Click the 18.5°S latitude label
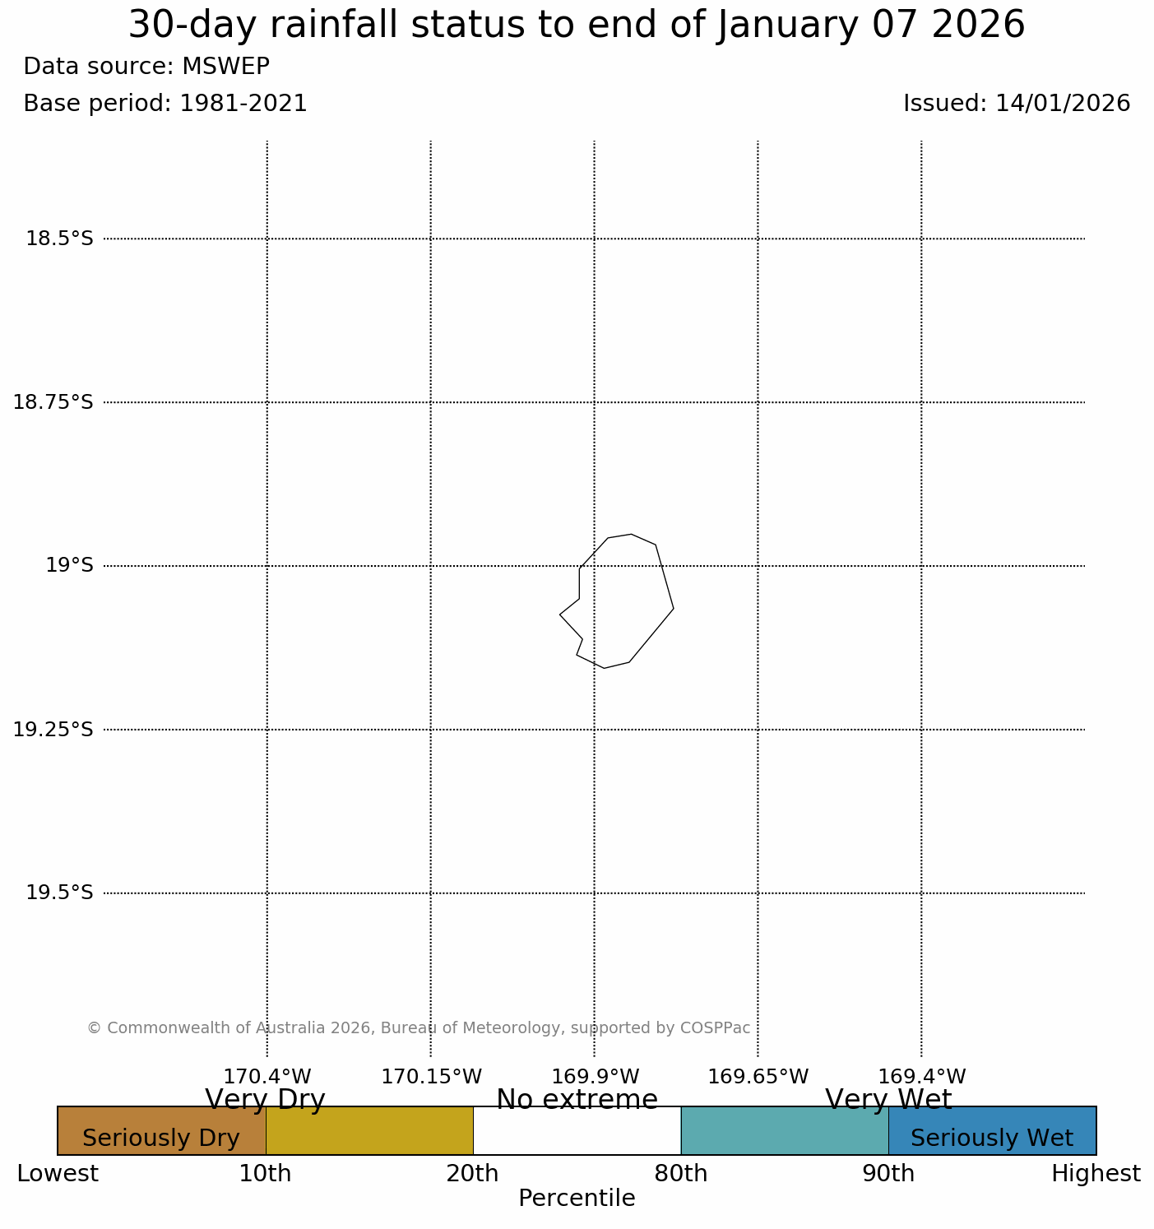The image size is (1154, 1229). coord(59,239)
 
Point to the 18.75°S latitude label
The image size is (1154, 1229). coord(53,402)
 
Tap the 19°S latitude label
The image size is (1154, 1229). coord(69,565)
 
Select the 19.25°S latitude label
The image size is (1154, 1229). coord(53,729)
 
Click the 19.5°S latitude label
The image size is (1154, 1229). coord(59,893)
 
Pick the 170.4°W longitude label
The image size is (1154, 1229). coord(267,1076)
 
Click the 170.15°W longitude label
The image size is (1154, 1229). coord(431,1076)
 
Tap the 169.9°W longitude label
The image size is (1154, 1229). coord(595,1076)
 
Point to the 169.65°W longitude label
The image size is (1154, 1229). coord(758,1076)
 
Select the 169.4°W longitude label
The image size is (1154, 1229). coord(921,1076)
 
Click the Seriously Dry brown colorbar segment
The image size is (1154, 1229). coord(161,1130)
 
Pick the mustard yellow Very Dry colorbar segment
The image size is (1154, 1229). coord(369,1130)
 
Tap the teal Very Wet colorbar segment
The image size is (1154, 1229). coord(785,1130)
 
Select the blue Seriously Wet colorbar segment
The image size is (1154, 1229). coord(992,1130)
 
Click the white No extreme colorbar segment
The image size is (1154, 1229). coord(577,1130)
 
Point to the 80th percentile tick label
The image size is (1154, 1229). coord(681,1174)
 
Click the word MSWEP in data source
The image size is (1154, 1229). coord(225,66)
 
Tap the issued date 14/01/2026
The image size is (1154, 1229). coord(1063,104)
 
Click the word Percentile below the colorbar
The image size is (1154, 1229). coord(577,1199)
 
